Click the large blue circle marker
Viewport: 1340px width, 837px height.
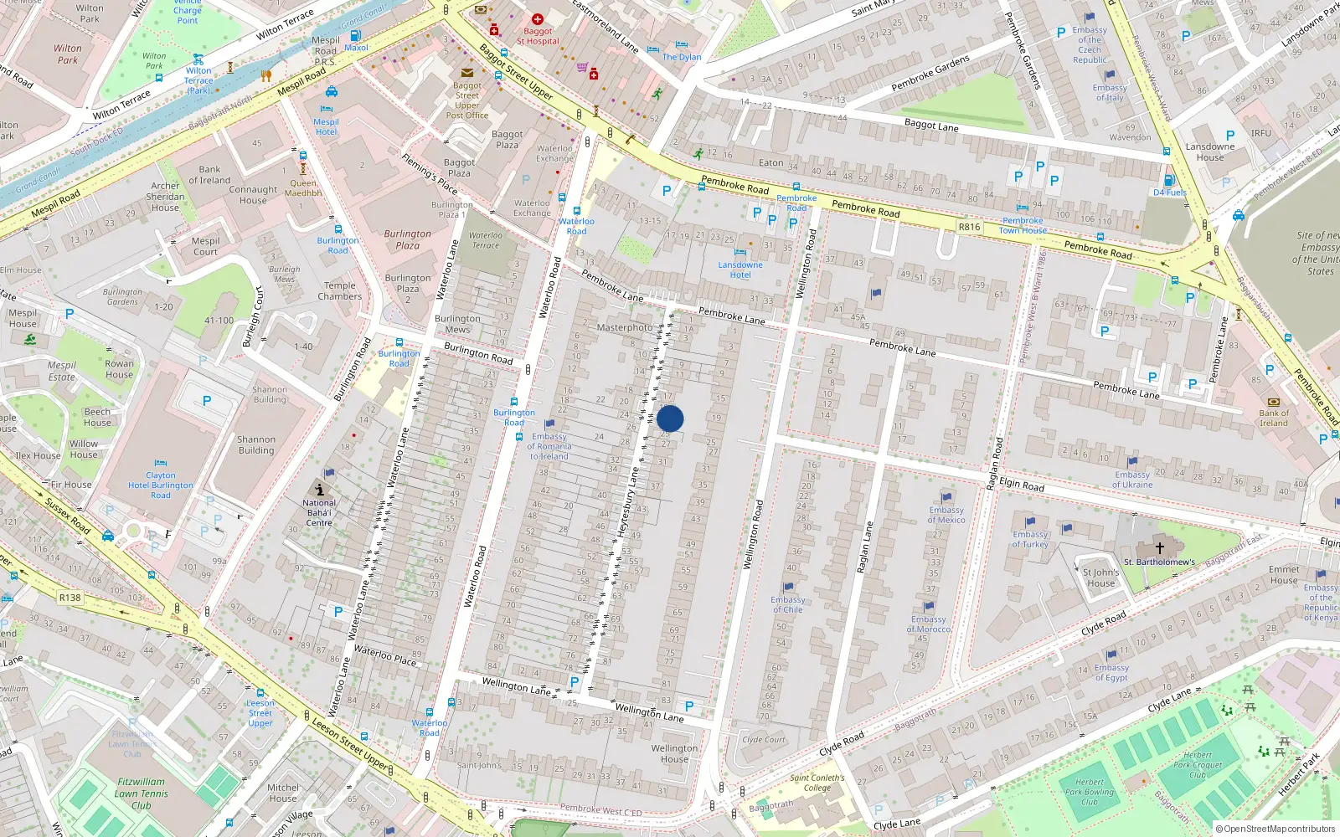(670, 418)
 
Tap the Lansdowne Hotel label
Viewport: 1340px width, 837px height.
(740, 270)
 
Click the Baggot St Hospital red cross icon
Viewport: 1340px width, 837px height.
(538, 19)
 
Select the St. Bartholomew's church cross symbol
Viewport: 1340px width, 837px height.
(1160, 547)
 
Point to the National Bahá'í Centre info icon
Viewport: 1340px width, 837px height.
(319, 490)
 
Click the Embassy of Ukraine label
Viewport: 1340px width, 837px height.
(1132, 480)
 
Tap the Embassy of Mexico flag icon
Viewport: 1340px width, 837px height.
(946, 497)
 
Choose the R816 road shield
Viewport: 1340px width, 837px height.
(969, 227)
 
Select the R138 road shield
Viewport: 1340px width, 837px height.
(70, 598)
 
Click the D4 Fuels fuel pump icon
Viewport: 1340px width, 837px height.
(1170, 180)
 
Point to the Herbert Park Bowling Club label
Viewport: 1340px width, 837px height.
(1089, 792)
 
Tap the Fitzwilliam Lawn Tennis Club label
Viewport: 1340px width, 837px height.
(142, 793)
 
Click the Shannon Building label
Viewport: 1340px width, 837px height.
(256, 444)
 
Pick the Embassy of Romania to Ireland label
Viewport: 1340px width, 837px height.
(549, 446)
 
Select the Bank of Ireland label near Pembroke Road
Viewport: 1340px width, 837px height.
(1274, 418)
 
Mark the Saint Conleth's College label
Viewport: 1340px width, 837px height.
(817, 783)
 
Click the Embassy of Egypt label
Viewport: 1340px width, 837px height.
(1111, 672)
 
